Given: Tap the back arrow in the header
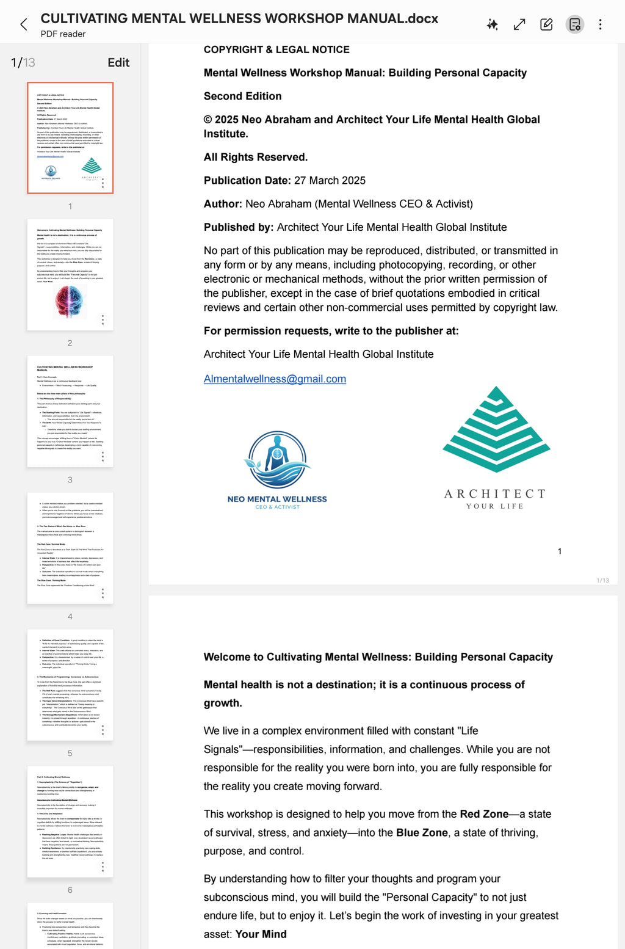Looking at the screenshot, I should click(x=24, y=24).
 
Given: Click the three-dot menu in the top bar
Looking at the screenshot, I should click(x=600, y=24).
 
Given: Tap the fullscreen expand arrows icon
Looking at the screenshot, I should click(x=519, y=24).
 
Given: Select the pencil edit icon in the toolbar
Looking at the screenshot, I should click(x=546, y=24).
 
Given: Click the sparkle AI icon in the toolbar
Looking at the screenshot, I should click(x=493, y=24).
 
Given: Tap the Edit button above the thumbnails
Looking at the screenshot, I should click(x=118, y=62).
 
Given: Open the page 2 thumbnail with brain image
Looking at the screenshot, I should click(x=70, y=275).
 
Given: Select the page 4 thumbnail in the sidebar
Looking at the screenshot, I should click(x=70, y=548).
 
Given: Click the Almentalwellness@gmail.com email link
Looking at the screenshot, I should click(x=275, y=379).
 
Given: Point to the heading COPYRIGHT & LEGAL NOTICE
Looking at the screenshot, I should click(x=276, y=49).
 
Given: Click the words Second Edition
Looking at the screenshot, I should click(x=242, y=96).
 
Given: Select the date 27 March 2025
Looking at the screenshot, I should click(x=330, y=180).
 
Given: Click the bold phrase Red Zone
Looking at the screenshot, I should click(x=484, y=814).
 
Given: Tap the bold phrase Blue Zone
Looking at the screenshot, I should click(x=422, y=832).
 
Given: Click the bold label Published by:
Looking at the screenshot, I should click(x=239, y=227).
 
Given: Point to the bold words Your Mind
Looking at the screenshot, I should click(x=261, y=934).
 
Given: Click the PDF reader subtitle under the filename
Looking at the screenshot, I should click(x=63, y=34).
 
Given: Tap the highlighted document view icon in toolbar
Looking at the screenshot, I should click(x=574, y=24).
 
